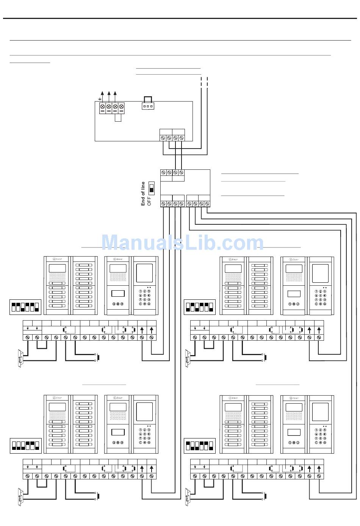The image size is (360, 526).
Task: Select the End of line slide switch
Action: pyautogui.click(x=152, y=188)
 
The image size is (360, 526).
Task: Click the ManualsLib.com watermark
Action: pyautogui.click(x=182, y=243)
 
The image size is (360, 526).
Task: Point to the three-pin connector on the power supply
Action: pyautogui.click(x=148, y=106)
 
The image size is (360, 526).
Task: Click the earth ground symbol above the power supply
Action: pyautogui.click(x=100, y=99)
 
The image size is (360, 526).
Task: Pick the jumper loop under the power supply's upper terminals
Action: pyautogui.click(x=118, y=117)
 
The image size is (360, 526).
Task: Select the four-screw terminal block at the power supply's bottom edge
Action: pyautogui.click(x=172, y=137)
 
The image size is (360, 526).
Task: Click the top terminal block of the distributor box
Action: pyautogui.click(x=172, y=172)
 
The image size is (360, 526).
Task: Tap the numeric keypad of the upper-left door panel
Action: pyautogui.click(x=145, y=297)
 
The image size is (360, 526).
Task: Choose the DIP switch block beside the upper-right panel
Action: pyautogui.click(x=200, y=307)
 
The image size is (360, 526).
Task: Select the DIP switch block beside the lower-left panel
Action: pyautogui.click(x=25, y=445)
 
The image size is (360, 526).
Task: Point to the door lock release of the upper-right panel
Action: pyautogui.click(x=187, y=358)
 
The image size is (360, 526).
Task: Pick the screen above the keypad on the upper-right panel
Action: pyautogui.click(x=321, y=272)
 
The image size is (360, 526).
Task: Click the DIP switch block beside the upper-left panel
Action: pyautogui.click(x=25, y=307)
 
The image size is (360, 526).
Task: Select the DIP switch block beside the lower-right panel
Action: pyautogui.click(x=200, y=445)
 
